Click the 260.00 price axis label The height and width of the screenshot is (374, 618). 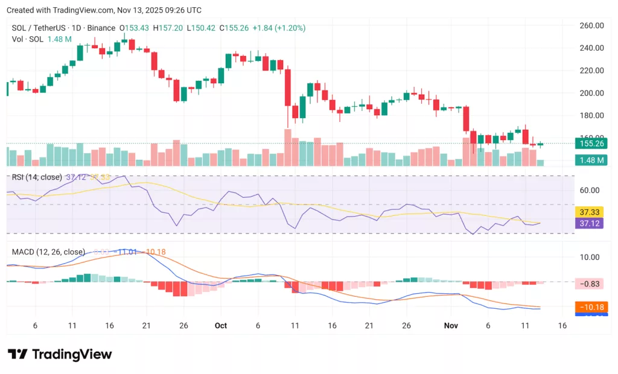(591, 25)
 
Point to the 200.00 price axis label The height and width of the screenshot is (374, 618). (591, 93)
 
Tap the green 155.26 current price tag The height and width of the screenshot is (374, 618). (591, 144)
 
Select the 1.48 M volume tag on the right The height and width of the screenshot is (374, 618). (591, 160)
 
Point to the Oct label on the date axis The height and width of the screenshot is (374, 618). (221, 325)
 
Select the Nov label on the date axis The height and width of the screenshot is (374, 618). (451, 325)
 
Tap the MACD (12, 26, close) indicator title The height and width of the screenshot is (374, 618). (46, 252)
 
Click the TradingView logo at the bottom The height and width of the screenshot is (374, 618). (60, 354)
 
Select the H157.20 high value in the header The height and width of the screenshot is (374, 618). (169, 28)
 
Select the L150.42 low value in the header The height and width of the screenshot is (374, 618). (202, 28)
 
